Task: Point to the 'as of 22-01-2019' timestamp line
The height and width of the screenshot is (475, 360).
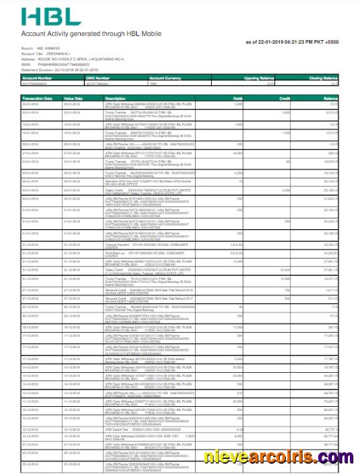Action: click(x=292, y=42)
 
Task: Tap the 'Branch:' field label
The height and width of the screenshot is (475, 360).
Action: click(x=27, y=49)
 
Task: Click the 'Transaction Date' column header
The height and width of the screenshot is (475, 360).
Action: click(x=37, y=98)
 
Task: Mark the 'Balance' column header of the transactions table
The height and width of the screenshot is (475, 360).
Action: click(x=331, y=98)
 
